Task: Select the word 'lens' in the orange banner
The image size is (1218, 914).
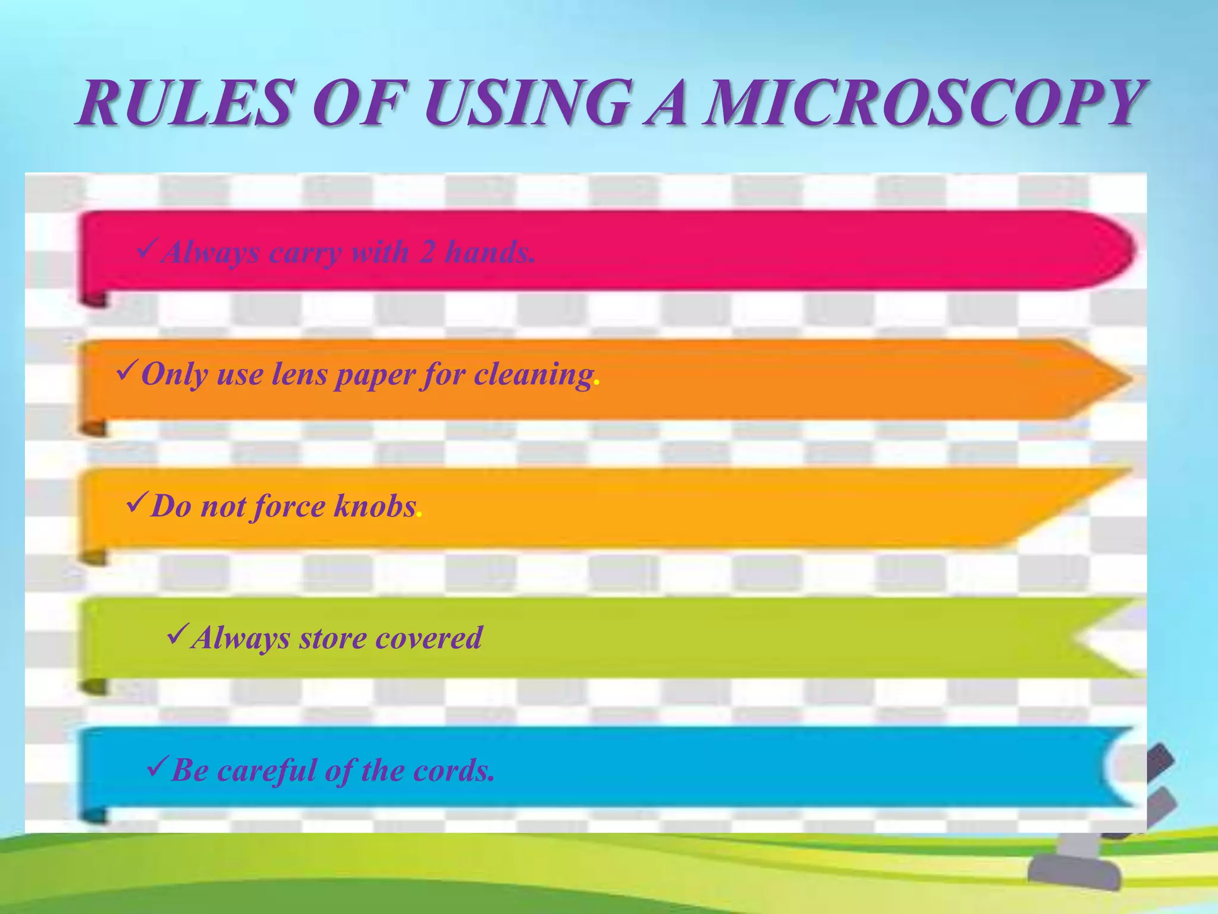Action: [x=294, y=375]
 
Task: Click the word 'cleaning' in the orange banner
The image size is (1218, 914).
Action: [x=533, y=375]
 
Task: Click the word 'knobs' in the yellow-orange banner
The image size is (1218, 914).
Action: [x=375, y=507]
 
